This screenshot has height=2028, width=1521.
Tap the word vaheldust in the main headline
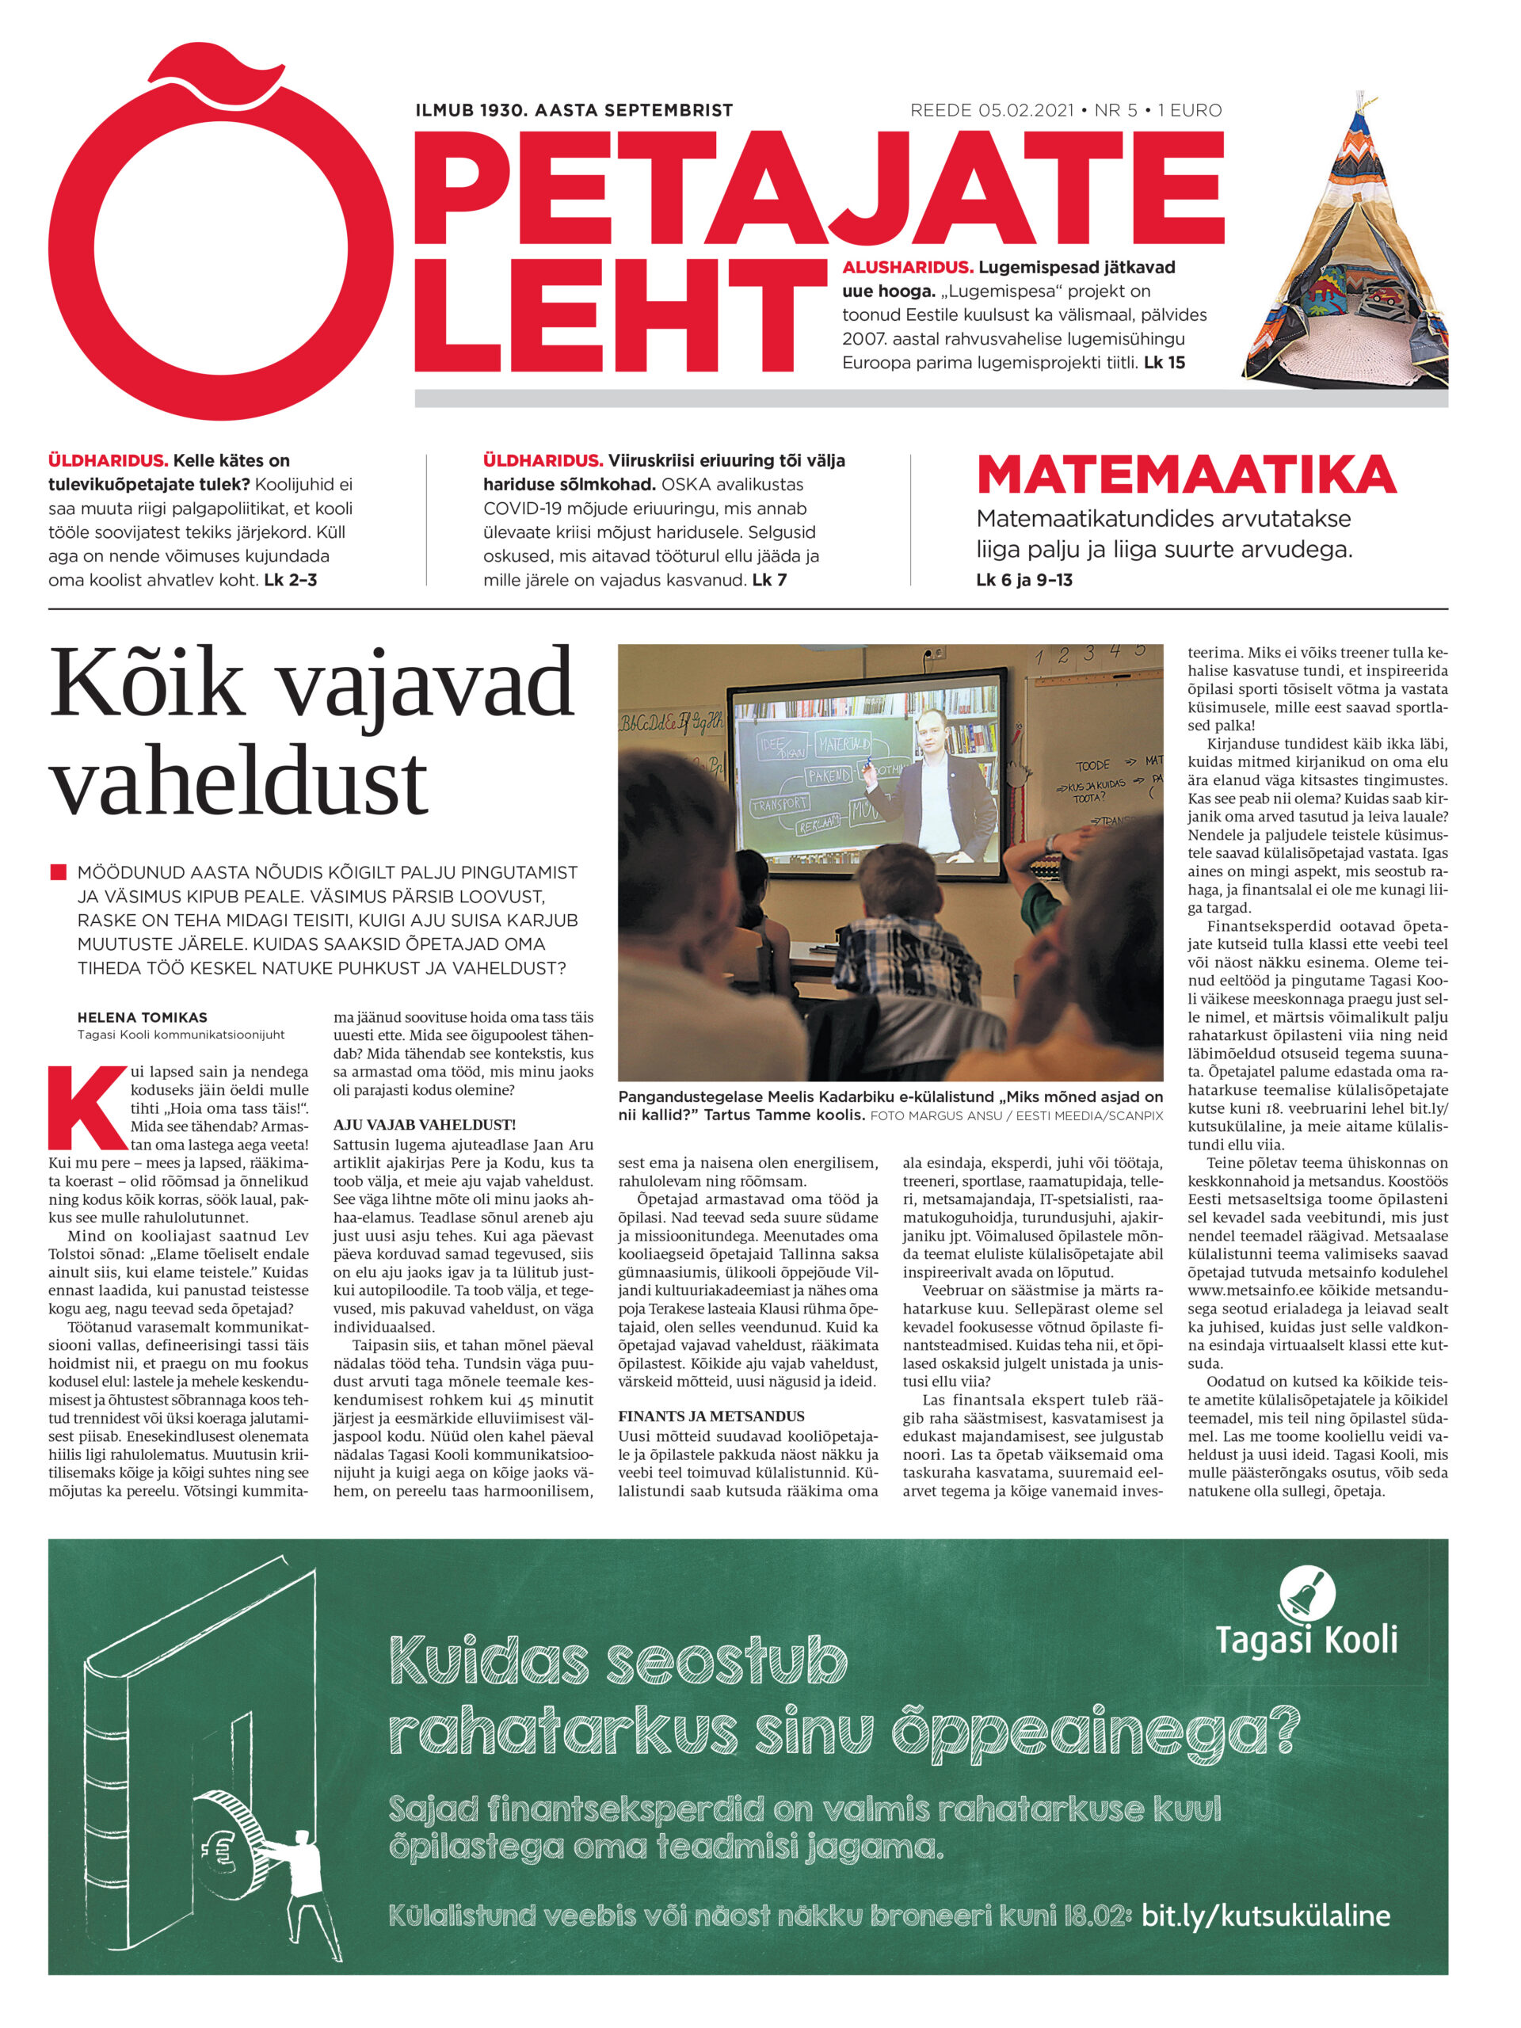pyautogui.click(x=238, y=782)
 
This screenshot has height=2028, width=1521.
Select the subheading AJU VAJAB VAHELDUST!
pyautogui.click(x=425, y=1125)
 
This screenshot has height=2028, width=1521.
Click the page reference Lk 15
pyautogui.click(x=1165, y=363)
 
